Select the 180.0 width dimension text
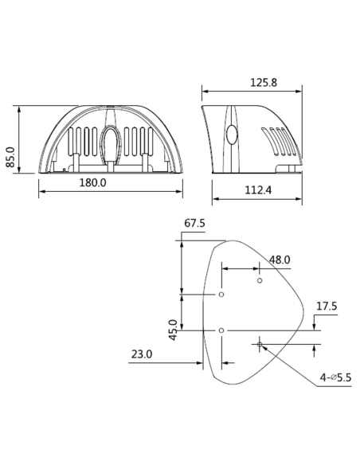93,183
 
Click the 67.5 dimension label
194,225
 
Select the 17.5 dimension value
327,306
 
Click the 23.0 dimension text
142,354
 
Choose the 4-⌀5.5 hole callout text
335,377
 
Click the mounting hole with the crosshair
260,344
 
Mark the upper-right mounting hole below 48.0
260,280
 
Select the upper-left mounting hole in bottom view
221,295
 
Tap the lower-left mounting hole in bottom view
221,329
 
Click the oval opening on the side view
232,134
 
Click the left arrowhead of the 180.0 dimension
41,191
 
